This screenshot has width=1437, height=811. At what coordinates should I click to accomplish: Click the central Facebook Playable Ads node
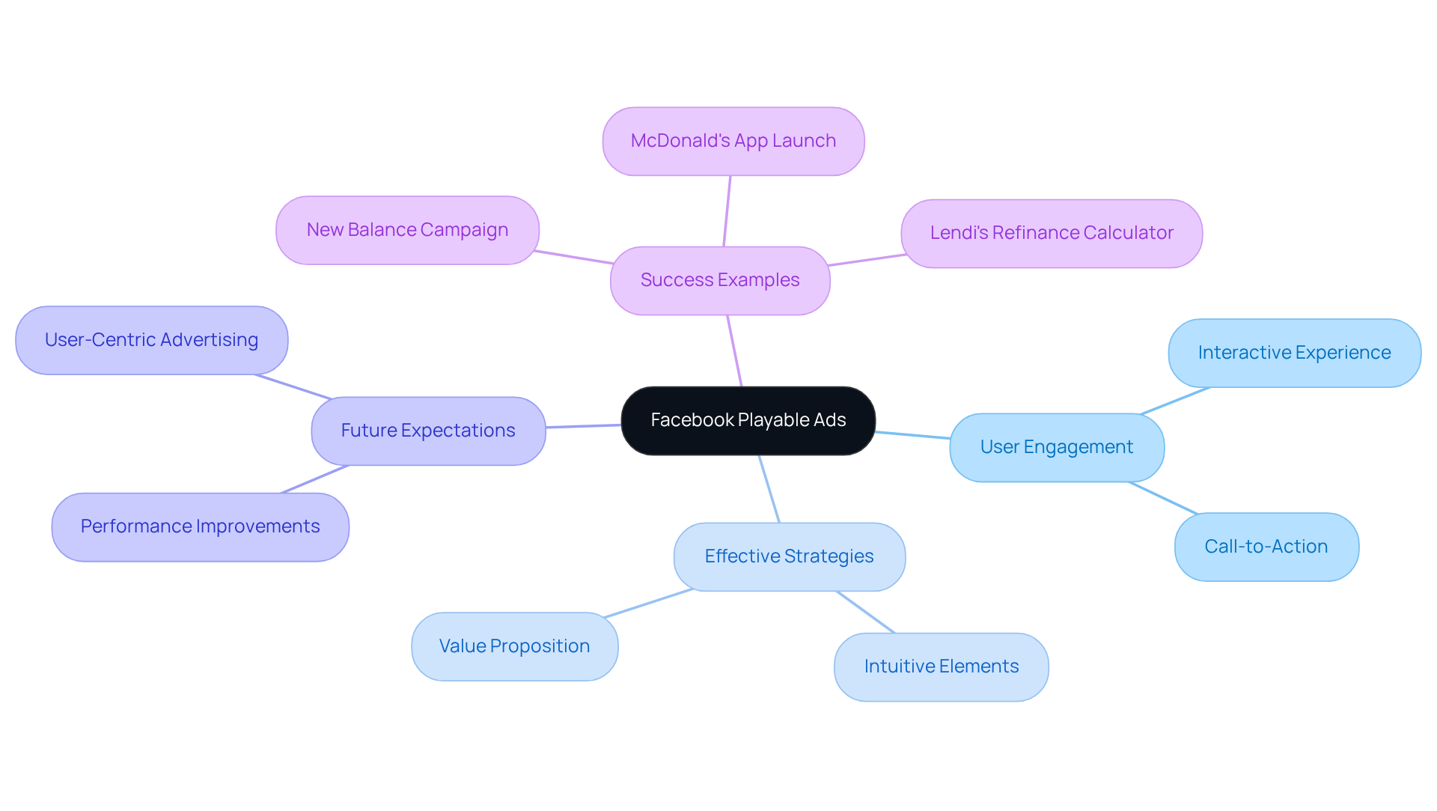point(748,421)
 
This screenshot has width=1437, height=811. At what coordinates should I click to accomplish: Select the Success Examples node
point(720,281)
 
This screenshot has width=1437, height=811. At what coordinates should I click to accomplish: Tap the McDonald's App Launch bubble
point(733,142)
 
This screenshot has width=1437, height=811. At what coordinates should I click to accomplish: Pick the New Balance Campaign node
point(407,231)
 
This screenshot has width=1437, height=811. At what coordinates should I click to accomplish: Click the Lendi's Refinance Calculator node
point(1052,234)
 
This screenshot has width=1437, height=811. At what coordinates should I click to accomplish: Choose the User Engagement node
point(1057,448)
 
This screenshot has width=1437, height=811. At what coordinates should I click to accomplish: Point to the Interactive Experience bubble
point(1294,353)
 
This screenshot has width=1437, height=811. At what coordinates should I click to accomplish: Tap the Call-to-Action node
point(1266,547)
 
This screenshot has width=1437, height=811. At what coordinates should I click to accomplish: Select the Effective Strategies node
point(789,557)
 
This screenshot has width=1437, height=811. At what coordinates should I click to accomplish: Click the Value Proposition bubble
point(514,647)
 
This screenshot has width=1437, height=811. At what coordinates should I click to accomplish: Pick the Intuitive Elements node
point(941,667)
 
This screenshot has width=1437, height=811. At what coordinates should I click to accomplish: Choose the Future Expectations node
point(428,431)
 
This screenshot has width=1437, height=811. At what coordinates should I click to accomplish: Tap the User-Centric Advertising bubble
point(151,341)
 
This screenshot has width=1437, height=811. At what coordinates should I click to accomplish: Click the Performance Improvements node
point(200,527)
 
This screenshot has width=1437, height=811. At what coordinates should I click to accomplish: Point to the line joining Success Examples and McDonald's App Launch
point(727,211)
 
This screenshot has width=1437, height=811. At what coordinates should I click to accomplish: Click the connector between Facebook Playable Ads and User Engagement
point(912,435)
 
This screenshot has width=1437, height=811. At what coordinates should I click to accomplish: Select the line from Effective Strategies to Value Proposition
point(648,604)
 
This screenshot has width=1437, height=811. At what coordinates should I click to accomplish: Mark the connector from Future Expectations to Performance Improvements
point(314,479)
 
